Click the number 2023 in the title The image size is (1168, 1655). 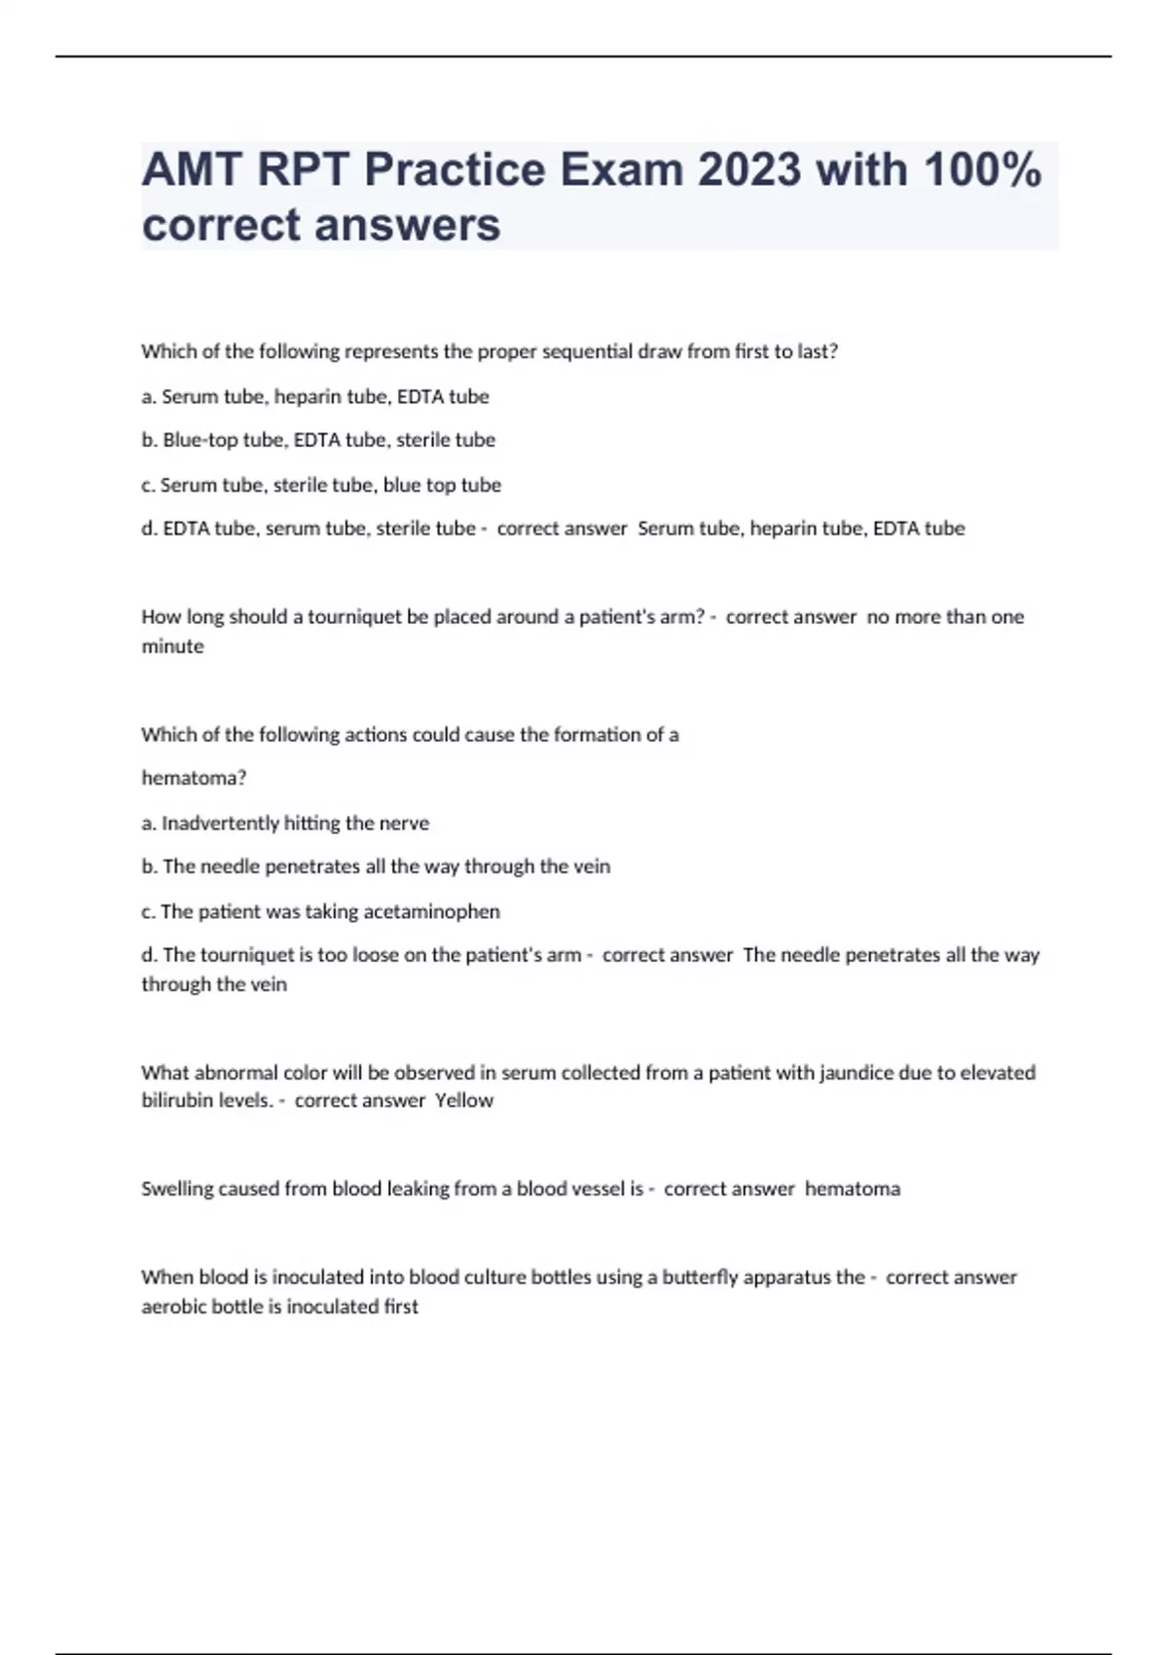(748, 170)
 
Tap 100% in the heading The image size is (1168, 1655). (982, 170)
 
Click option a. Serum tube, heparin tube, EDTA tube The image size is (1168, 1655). (315, 396)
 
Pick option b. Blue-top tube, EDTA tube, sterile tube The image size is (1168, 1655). (318, 440)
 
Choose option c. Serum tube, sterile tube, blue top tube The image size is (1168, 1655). (321, 485)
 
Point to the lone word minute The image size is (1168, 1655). (172, 646)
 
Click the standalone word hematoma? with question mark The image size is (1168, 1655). (194, 778)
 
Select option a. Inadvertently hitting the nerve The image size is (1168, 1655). (285, 823)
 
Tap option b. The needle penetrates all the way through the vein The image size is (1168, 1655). (376, 866)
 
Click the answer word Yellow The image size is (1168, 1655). (464, 1100)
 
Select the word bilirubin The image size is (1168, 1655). (172, 1100)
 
